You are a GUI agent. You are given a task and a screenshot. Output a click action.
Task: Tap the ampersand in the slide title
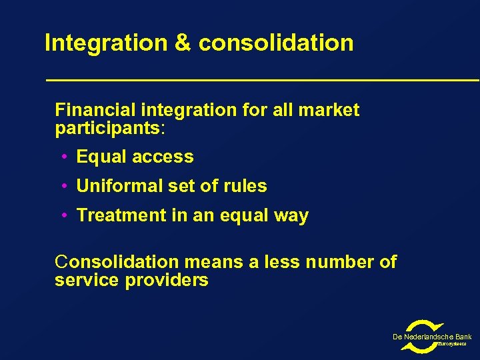[183, 43]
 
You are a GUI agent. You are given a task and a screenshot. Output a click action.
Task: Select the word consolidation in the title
[276, 43]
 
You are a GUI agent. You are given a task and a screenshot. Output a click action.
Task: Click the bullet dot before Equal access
[62, 157]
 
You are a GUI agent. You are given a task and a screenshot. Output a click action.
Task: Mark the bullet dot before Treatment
[62, 216]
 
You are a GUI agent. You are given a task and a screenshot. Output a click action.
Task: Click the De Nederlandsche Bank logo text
[432, 337]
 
